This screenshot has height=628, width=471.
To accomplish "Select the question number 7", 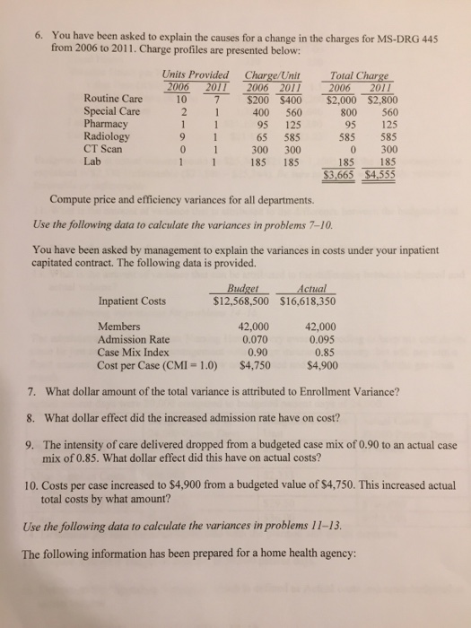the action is coord(31,393).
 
